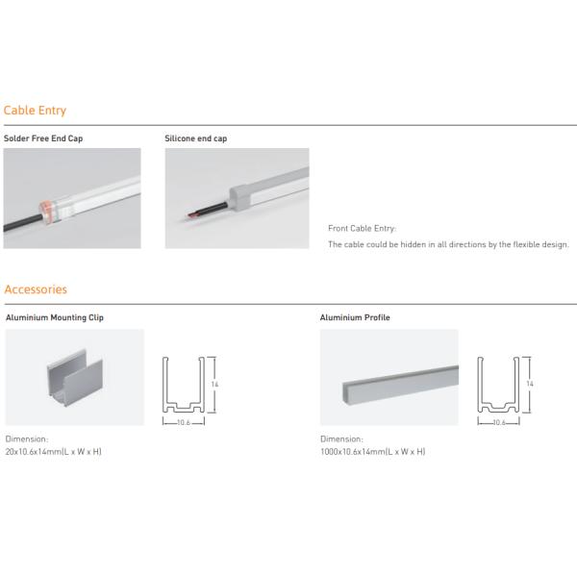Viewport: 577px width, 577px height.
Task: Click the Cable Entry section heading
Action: click(35, 111)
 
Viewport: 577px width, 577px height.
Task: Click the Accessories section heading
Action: click(36, 289)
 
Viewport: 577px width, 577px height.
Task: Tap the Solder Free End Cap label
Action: click(43, 138)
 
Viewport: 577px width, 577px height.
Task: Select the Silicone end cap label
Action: click(196, 138)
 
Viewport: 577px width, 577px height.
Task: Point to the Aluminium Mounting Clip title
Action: click(55, 317)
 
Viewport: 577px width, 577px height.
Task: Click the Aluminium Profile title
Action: click(355, 317)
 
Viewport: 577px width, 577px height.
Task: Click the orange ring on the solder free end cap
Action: click(45, 211)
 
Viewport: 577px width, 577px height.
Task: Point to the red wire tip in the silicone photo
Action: click(191, 214)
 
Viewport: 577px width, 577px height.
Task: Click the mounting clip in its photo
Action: click(75, 378)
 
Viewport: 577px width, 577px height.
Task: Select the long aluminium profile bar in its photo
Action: click(400, 385)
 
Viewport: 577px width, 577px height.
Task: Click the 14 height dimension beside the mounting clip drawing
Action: click(214, 384)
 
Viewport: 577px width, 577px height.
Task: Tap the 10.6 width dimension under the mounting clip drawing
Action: click(184, 422)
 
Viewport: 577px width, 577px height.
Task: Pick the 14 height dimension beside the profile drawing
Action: click(530, 384)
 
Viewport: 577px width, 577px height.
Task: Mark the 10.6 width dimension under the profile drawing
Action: click(499, 422)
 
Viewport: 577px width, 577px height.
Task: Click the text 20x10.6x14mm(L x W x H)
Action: click(53, 452)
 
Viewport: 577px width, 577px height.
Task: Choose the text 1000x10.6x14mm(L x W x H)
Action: click(373, 452)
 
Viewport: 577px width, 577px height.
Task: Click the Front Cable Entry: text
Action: click(363, 229)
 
